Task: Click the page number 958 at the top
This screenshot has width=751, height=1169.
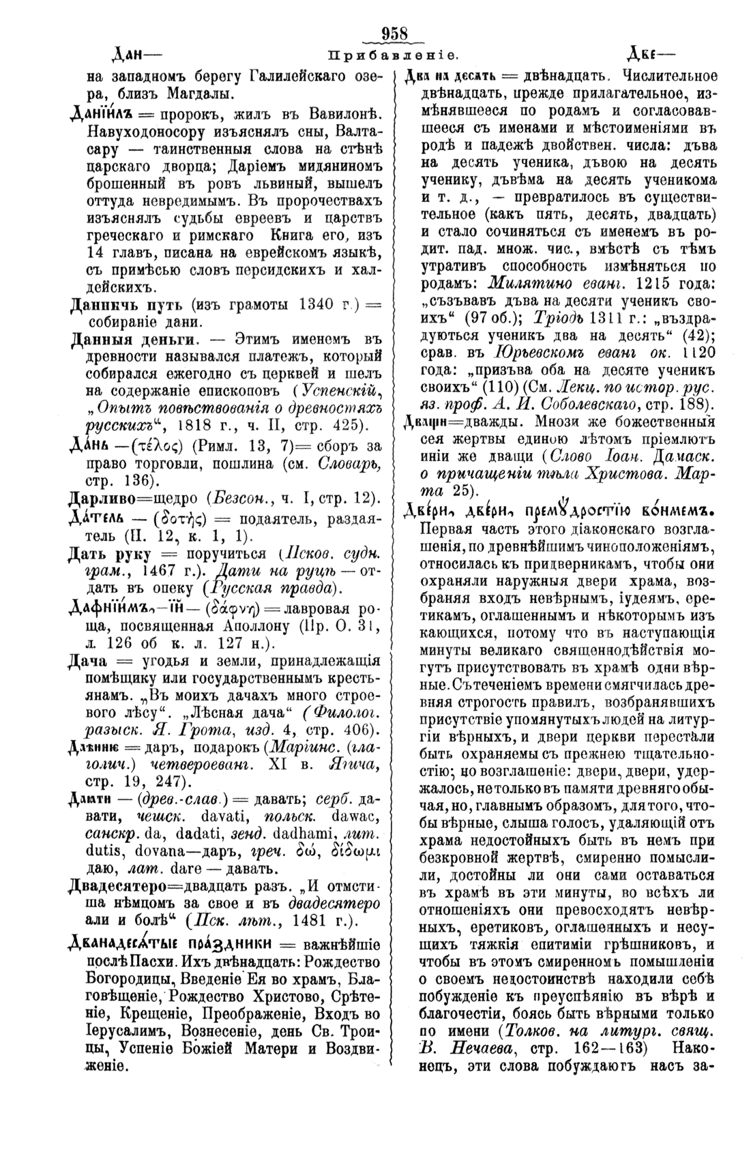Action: pos(394,33)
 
